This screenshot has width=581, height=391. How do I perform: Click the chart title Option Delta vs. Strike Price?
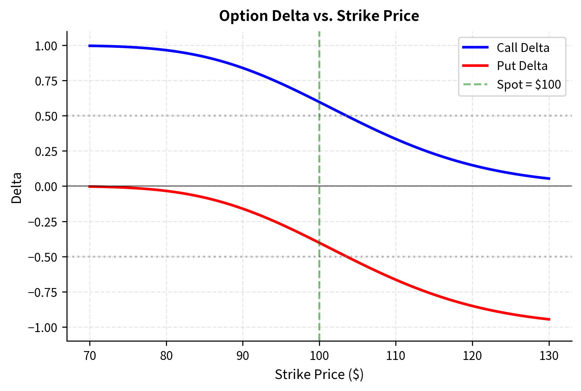tap(319, 16)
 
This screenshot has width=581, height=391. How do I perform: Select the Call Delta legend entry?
tap(523, 48)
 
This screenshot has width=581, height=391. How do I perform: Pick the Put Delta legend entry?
tap(522, 66)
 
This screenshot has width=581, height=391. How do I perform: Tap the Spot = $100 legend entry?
tap(528, 85)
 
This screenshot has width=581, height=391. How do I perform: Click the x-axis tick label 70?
tap(90, 356)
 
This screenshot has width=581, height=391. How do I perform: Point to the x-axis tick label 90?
tap(243, 356)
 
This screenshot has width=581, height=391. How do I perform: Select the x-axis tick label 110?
tap(396, 356)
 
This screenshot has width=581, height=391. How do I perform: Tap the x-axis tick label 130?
tap(549, 356)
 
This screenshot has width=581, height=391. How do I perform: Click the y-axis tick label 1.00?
tap(46, 46)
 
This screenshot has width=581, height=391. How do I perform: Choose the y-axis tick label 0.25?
tap(46, 151)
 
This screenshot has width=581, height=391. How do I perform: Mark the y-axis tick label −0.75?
tap(43, 292)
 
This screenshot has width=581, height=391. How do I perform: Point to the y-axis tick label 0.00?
tap(46, 187)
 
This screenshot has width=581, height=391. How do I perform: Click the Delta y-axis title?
tap(16, 188)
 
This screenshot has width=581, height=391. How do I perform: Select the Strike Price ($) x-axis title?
tap(319, 375)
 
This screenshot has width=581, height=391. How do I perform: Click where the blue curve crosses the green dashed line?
tap(319, 102)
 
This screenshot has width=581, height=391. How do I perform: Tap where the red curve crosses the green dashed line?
tap(319, 243)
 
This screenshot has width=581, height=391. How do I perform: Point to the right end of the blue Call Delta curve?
tap(549, 179)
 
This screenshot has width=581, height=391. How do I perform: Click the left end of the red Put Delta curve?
tap(90, 187)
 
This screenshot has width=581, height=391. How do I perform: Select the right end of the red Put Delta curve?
tap(549, 319)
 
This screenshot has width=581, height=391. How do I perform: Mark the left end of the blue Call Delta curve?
tap(90, 46)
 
